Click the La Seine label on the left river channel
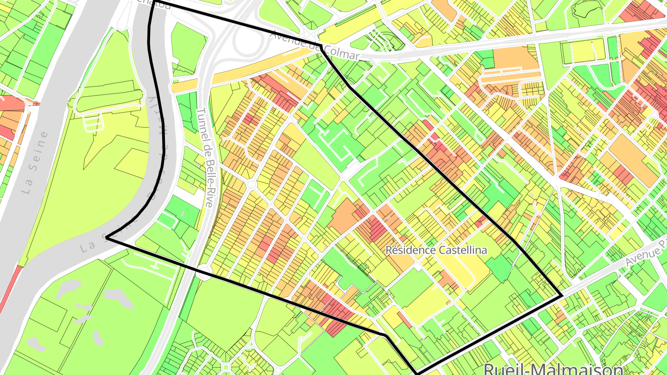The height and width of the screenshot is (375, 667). point(35,162)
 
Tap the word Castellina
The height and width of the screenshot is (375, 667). point(460,250)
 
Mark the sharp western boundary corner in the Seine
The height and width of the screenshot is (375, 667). point(107,237)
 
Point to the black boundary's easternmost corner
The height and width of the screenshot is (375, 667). point(562,295)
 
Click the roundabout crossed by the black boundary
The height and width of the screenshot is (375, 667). point(204,272)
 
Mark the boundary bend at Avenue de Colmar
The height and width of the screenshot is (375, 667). point(321,47)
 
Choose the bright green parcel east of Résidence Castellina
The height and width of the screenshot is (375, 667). point(500,269)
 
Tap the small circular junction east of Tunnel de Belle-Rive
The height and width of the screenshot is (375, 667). point(252,185)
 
